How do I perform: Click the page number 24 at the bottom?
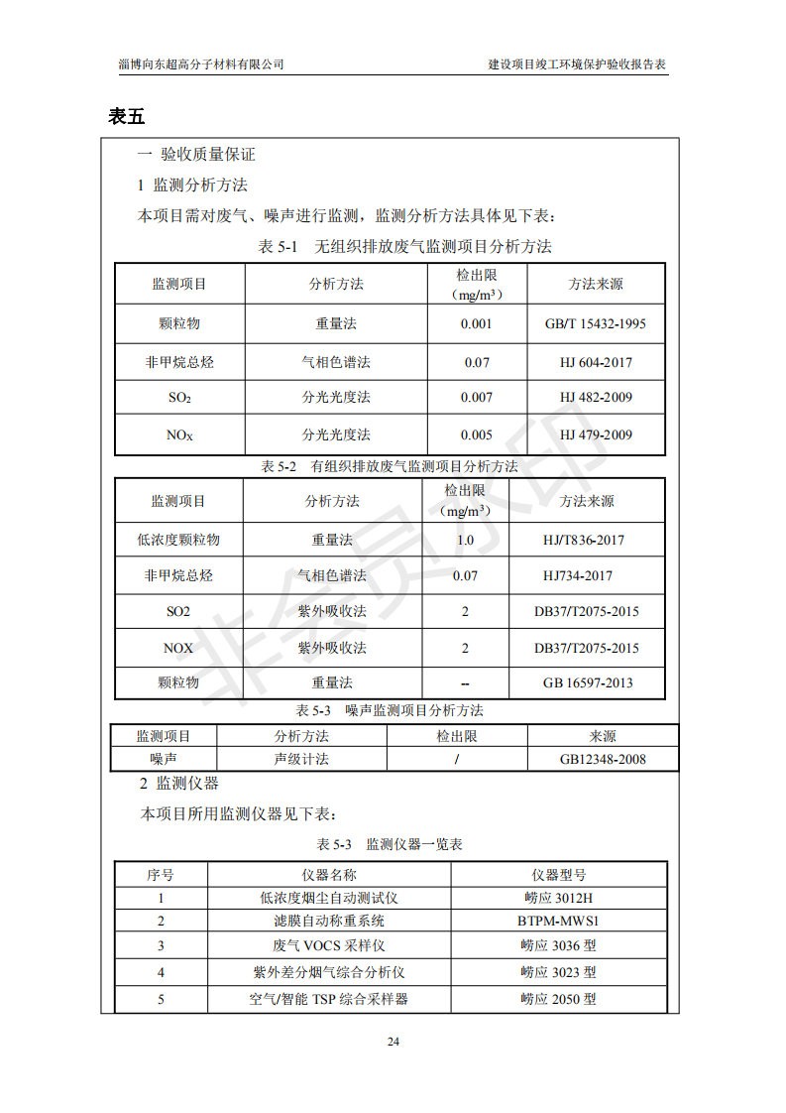click(393, 1042)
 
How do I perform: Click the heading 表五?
click(127, 117)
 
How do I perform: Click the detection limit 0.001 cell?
click(477, 323)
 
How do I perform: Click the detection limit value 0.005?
click(477, 434)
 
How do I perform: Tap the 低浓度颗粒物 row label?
click(178, 541)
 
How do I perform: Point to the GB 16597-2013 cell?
click(587, 682)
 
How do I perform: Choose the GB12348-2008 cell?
click(603, 759)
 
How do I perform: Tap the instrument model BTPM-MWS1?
click(559, 922)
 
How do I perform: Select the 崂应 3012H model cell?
click(558, 898)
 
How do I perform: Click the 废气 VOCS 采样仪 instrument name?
click(328, 946)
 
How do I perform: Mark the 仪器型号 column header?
click(559, 875)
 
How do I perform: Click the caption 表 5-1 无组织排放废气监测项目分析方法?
click(404, 246)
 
